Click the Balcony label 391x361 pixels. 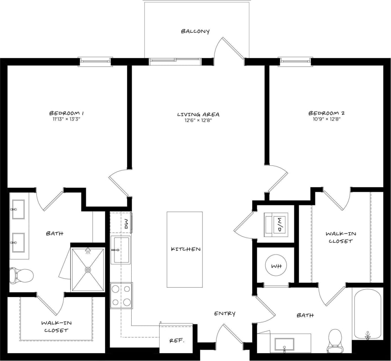[195, 31]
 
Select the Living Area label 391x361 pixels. [198, 114]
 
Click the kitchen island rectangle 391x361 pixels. [184, 249]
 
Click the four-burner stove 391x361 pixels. [121, 295]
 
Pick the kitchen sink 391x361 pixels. [120, 250]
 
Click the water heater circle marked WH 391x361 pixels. [276, 266]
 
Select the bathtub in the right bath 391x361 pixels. [368, 314]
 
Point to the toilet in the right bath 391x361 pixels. [335, 341]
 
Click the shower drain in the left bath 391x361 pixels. [88, 269]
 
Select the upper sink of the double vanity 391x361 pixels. [18, 209]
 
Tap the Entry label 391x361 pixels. [225, 313]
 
